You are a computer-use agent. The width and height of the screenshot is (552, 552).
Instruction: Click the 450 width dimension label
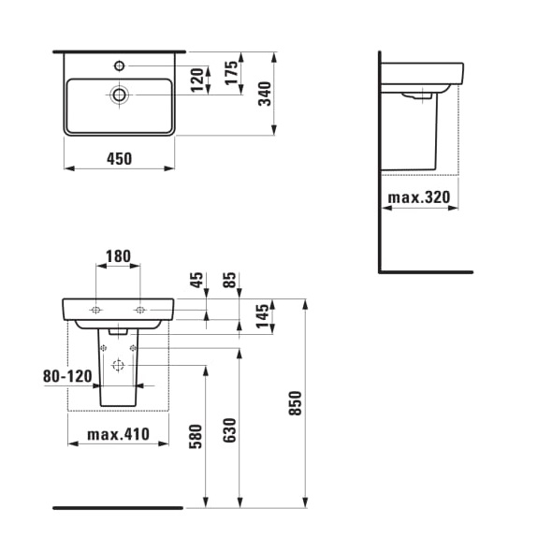pyautogui.click(x=118, y=158)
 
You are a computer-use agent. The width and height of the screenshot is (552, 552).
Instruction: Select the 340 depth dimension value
pyautogui.click(x=265, y=94)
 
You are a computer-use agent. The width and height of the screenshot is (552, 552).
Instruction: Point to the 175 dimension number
pyautogui.click(x=231, y=73)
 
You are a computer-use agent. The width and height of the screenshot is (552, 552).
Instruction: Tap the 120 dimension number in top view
pyautogui.click(x=197, y=80)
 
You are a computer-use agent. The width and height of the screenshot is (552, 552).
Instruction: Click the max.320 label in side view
pyautogui.click(x=419, y=197)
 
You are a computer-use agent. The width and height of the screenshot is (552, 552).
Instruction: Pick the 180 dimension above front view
pyautogui.click(x=118, y=256)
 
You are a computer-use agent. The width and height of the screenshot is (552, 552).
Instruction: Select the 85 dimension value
pyautogui.click(x=230, y=282)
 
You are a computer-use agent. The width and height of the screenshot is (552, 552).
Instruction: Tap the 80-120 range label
pyautogui.click(x=68, y=376)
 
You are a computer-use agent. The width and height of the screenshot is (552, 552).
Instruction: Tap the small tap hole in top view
pyautogui.click(x=119, y=65)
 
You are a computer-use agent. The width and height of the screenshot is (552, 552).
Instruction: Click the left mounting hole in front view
pyautogui.click(x=96, y=310)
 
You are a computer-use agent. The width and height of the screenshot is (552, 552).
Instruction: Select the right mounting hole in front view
pyautogui.click(x=139, y=310)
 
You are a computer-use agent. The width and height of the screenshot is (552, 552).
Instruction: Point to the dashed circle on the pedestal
pyautogui.click(x=118, y=366)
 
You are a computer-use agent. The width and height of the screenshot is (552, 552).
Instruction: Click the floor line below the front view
pyautogui.click(x=118, y=508)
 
